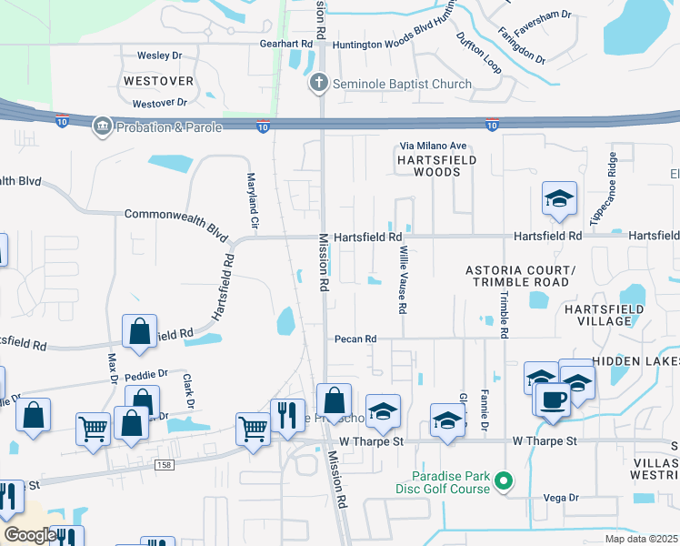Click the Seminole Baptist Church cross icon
[x=319, y=85]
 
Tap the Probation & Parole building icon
[x=101, y=127]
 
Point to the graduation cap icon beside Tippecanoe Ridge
[x=559, y=197]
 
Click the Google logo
[x=29, y=535]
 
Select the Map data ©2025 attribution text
[x=641, y=539]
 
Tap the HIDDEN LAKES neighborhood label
[x=635, y=361]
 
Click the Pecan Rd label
[x=355, y=339]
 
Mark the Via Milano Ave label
[x=434, y=146]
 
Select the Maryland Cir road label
[x=254, y=201]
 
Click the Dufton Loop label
[x=478, y=54]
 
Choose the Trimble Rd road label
[x=501, y=309]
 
